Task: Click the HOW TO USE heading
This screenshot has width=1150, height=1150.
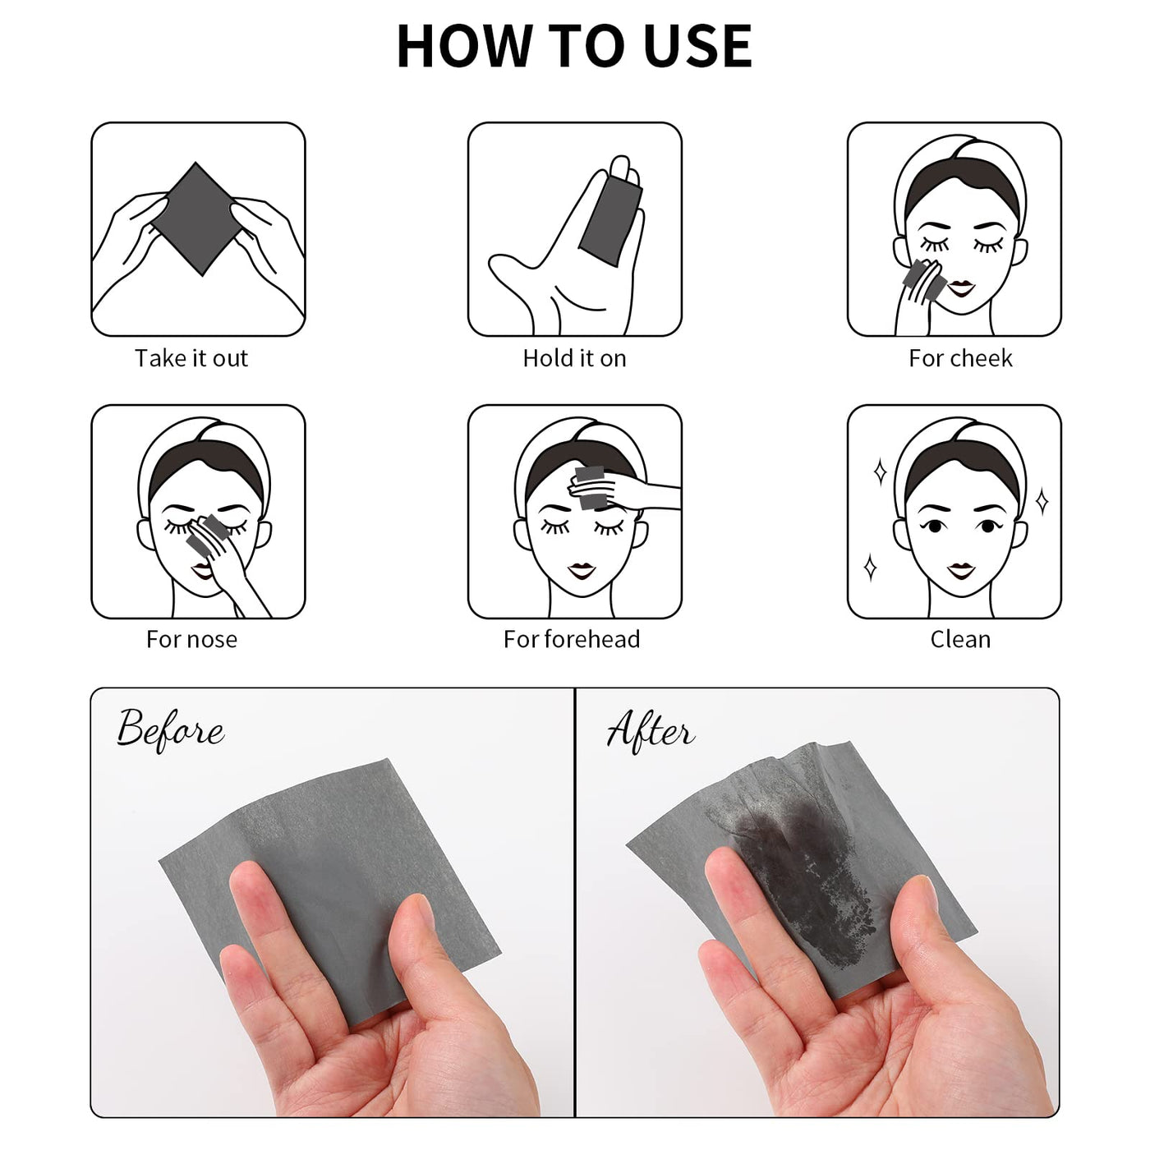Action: [574, 46]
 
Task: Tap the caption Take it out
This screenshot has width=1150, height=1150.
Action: [191, 358]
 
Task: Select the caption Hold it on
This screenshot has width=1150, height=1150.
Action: [574, 358]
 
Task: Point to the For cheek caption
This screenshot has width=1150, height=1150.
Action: [960, 358]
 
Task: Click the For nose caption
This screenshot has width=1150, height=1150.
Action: [191, 639]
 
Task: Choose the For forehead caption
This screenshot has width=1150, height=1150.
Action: [572, 639]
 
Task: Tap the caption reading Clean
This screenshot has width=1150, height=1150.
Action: [960, 639]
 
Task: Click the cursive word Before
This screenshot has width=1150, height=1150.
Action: [170, 730]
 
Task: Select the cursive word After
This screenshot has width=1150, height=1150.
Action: [651, 730]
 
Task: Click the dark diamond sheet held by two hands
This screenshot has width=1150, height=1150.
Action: [197, 218]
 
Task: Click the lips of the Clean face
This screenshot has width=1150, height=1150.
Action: [961, 571]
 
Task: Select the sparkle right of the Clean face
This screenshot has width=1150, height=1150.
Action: [1042, 501]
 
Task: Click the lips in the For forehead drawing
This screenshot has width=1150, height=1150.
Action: [581, 570]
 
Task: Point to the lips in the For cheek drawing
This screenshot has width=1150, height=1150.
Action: [961, 288]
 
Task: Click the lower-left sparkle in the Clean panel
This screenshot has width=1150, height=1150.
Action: [870, 568]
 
